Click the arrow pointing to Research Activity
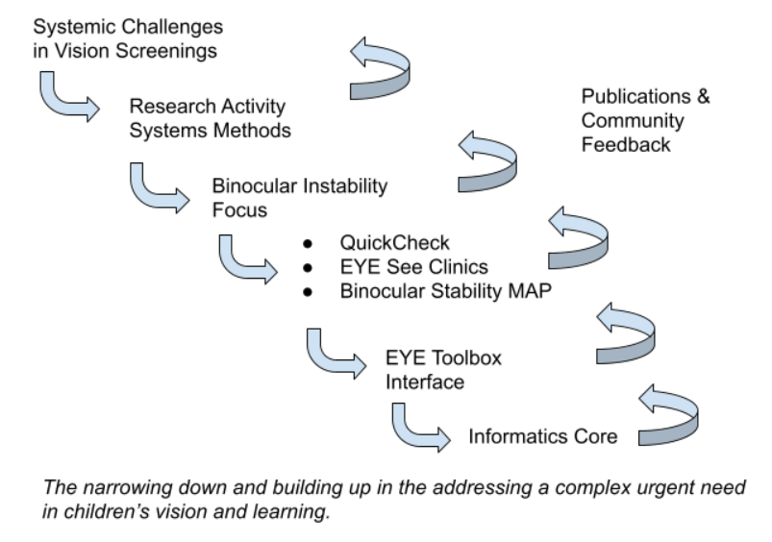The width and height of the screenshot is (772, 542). click(66, 100)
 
